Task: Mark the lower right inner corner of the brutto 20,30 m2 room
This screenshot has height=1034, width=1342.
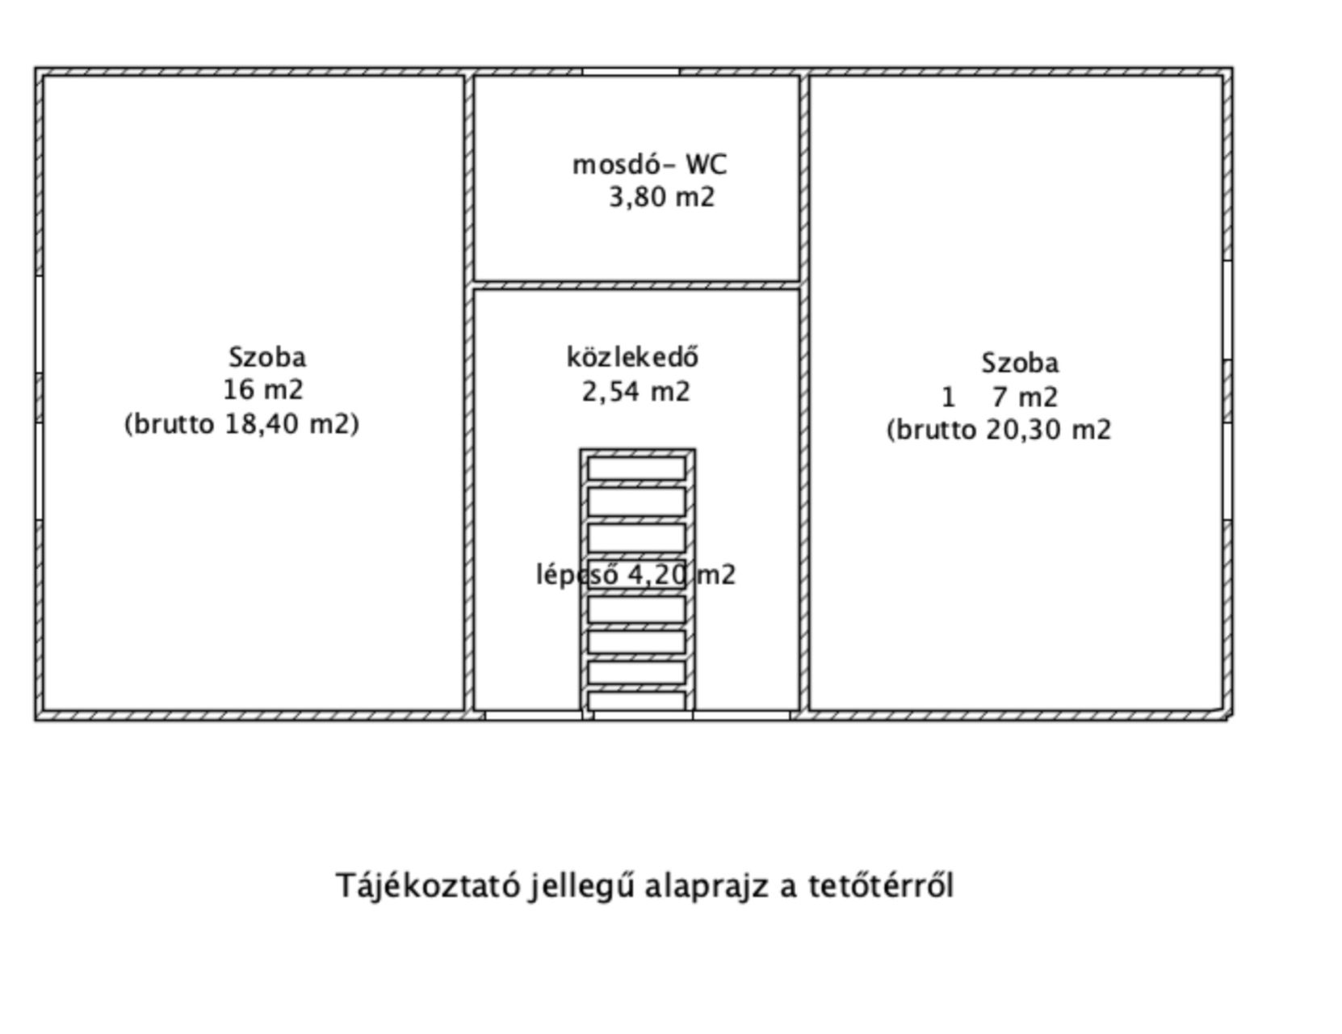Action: pyautogui.click(x=1221, y=709)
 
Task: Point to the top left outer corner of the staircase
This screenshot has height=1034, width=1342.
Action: pyautogui.click(x=581, y=450)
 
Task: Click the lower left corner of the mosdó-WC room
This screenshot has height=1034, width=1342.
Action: pyautogui.click(x=474, y=280)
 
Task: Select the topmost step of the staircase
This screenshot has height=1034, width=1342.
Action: pyautogui.click(x=637, y=469)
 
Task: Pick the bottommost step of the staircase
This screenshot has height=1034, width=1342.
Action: pyautogui.click(x=637, y=700)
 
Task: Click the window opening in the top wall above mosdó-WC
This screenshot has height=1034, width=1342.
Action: pyautogui.click(x=631, y=72)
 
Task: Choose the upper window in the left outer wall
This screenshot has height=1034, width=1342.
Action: pyautogui.click(x=40, y=324)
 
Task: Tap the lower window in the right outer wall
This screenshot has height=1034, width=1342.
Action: pyautogui.click(x=1228, y=472)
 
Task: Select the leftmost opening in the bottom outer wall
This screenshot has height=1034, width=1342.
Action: pyautogui.click(x=534, y=715)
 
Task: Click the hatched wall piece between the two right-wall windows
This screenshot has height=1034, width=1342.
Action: pyautogui.click(x=1228, y=392)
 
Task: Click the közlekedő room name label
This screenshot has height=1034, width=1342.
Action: pyautogui.click(x=633, y=358)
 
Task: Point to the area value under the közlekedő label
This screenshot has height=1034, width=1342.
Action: pyautogui.click(x=635, y=391)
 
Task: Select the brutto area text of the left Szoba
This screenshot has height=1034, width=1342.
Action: pyautogui.click(x=242, y=424)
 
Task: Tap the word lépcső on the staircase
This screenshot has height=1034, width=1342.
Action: pyautogui.click(x=577, y=575)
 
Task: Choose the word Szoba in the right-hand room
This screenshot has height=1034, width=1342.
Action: pyautogui.click(x=1021, y=364)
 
